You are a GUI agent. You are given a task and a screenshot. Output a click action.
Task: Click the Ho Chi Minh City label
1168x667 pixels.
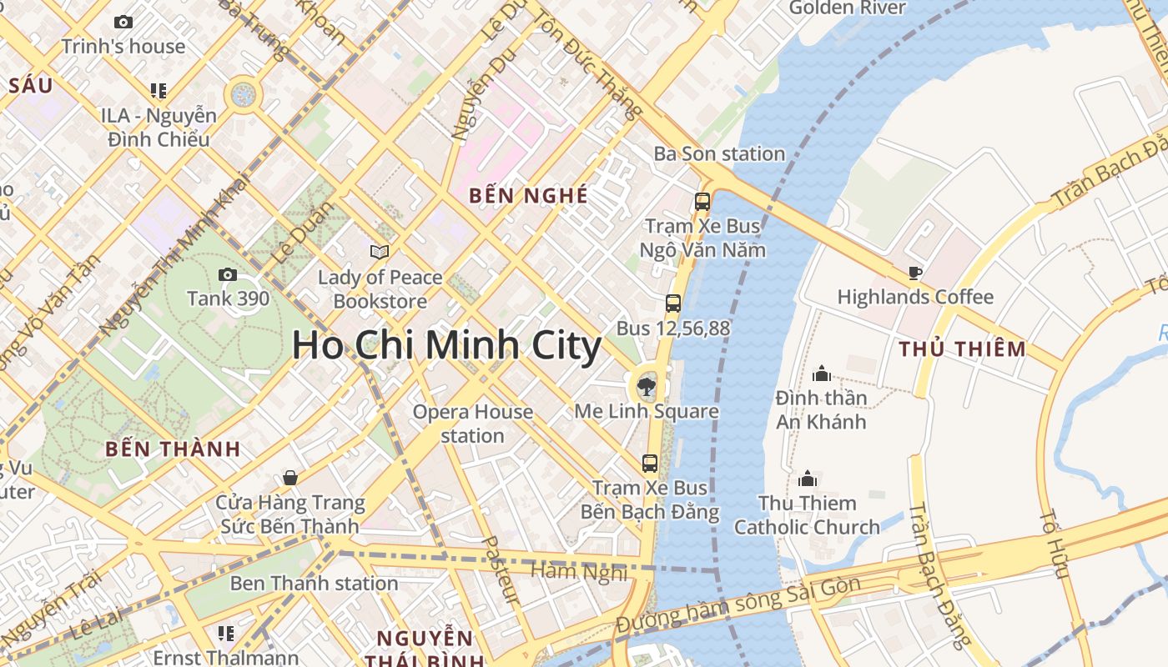pos(446,346)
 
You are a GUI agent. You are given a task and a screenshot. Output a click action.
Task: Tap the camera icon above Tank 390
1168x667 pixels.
pos(227,274)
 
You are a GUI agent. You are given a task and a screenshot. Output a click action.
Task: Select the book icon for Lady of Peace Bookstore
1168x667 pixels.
pos(380,251)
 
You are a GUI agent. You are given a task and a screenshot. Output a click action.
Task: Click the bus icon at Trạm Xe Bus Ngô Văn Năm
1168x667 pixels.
pos(702,202)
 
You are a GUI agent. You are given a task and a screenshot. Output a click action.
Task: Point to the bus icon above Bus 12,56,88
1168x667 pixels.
pos(673,303)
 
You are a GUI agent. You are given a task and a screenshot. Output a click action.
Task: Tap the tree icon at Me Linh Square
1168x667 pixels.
pos(645,386)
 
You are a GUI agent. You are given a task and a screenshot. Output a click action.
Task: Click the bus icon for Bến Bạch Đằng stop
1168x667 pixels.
pos(650,464)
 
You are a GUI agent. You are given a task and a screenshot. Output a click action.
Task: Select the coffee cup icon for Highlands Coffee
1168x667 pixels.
pos(915,273)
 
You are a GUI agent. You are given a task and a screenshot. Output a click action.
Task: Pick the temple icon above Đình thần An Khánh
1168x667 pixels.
pos(822,373)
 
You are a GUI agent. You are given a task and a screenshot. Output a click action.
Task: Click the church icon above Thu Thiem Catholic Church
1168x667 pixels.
pos(808,479)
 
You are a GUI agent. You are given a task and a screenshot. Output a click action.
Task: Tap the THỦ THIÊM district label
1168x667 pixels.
pos(962,349)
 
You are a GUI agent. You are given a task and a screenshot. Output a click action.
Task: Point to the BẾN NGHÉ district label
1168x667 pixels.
pos(528,196)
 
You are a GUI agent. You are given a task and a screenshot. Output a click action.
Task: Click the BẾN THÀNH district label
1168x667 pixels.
pos(173,449)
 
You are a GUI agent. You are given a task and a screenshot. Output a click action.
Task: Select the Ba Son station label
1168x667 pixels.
pos(719,153)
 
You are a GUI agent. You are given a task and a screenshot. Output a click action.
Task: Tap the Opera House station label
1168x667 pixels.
pos(473,423)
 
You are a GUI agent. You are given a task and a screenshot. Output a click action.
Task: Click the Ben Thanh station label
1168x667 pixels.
pos(314,583)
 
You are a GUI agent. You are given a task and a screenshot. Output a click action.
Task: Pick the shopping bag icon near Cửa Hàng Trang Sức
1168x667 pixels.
pos(289,478)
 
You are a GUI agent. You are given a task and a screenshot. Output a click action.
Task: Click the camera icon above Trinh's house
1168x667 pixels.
pos(123,23)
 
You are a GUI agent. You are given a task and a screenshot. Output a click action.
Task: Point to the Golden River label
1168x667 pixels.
pos(847,8)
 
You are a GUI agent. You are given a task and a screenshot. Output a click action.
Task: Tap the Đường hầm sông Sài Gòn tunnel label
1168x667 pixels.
pos(738,606)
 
